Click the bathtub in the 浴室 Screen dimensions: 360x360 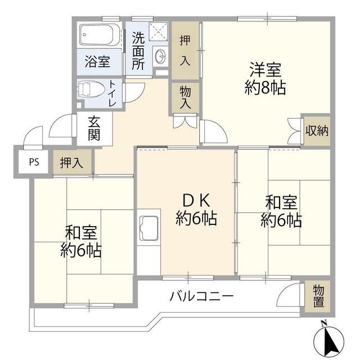[100, 35]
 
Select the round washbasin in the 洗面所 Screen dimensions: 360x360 [160, 56]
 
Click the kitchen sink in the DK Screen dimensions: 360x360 [148, 228]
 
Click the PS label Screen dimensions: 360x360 [34, 162]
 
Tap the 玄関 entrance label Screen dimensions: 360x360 [94, 128]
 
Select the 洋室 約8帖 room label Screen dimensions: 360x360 [265, 79]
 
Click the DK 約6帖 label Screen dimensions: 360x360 [196, 210]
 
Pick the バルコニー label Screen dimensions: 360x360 [201, 296]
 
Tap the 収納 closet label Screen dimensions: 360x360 [317, 130]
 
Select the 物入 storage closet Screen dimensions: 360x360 [185, 97]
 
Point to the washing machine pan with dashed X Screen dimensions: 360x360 [158, 31]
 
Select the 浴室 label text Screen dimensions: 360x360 [97, 61]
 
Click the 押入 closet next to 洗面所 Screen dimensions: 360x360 [185, 51]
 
